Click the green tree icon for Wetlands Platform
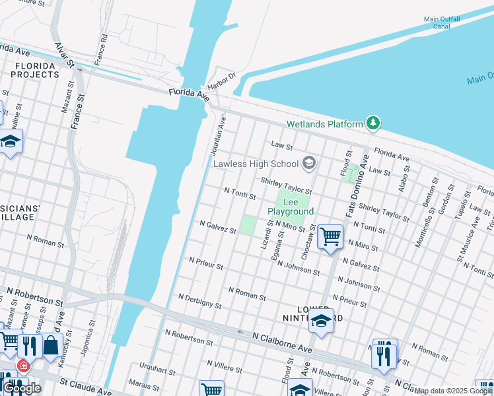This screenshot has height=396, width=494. click(374, 123)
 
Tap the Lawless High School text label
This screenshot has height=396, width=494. click(255, 163)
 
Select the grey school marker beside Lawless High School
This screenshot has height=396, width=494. click(308, 163)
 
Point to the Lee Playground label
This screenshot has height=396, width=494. click(291, 207)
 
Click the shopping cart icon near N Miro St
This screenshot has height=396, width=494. click(330, 236)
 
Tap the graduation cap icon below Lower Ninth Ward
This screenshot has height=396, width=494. click(322, 321)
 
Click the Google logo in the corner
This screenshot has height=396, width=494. click(22, 388)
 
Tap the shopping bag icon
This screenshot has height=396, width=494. click(51, 345)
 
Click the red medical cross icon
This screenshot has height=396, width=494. click(23, 365)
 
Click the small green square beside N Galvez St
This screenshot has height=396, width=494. click(247, 225)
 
